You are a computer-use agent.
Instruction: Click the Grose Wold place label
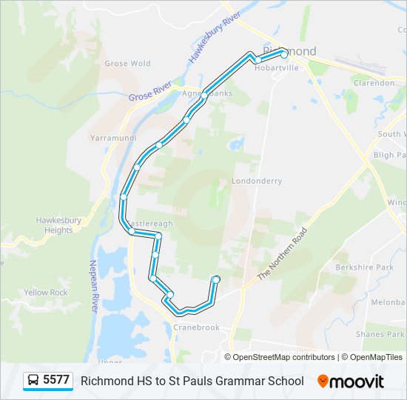[128, 64]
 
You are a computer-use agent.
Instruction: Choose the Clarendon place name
[374, 83]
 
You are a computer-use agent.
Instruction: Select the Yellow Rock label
[45, 293]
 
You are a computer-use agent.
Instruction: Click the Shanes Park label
[380, 334]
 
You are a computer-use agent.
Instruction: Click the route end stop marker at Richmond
[284, 54]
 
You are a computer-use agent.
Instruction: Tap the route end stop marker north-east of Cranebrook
[216, 279]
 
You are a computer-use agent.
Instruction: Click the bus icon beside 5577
[33, 381]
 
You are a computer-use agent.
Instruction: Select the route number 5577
[56, 381]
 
